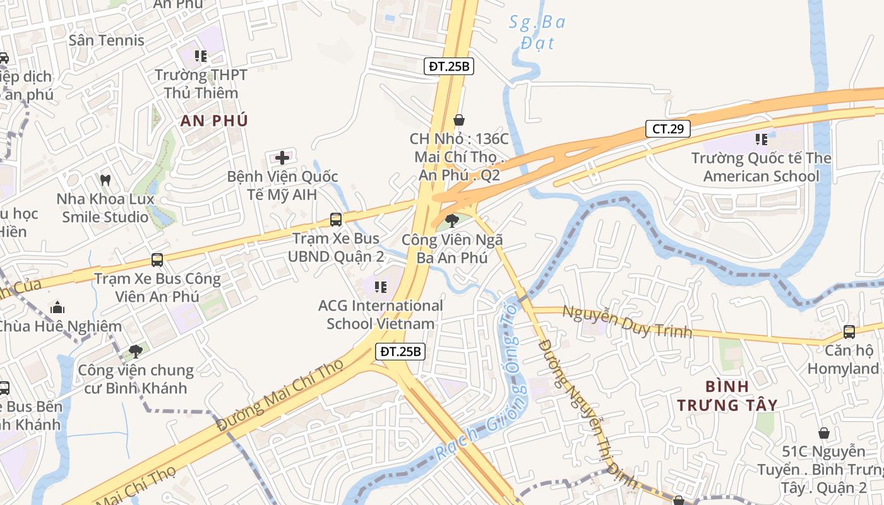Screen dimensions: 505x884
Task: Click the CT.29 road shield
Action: [667, 129]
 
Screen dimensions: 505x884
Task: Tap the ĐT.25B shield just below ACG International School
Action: [400, 352]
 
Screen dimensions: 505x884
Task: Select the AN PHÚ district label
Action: [214, 121]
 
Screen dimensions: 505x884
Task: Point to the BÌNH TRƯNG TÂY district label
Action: [727, 395]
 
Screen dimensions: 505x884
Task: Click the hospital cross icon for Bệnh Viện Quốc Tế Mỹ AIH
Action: [282, 157]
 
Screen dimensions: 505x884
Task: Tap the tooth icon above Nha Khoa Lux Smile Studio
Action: [105, 180]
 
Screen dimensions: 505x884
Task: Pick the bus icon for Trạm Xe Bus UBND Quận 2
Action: [336, 220]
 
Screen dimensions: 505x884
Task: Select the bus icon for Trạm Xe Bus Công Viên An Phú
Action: [157, 259]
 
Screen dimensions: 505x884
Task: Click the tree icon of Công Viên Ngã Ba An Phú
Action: [451, 220]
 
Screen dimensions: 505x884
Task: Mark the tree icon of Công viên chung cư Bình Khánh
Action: [135, 351]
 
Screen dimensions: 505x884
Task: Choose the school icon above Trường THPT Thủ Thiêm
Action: [201, 56]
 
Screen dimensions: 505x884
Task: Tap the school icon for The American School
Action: [761, 139]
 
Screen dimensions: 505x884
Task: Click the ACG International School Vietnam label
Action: [380, 314]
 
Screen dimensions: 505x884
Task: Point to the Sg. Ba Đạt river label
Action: [537, 32]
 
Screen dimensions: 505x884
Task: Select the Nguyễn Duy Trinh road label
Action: [627, 321]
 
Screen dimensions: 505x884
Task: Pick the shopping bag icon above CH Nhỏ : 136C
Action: [459, 119]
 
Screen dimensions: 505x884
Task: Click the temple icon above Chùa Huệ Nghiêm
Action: [57, 308]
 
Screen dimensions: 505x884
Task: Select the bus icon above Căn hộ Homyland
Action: [849, 331]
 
